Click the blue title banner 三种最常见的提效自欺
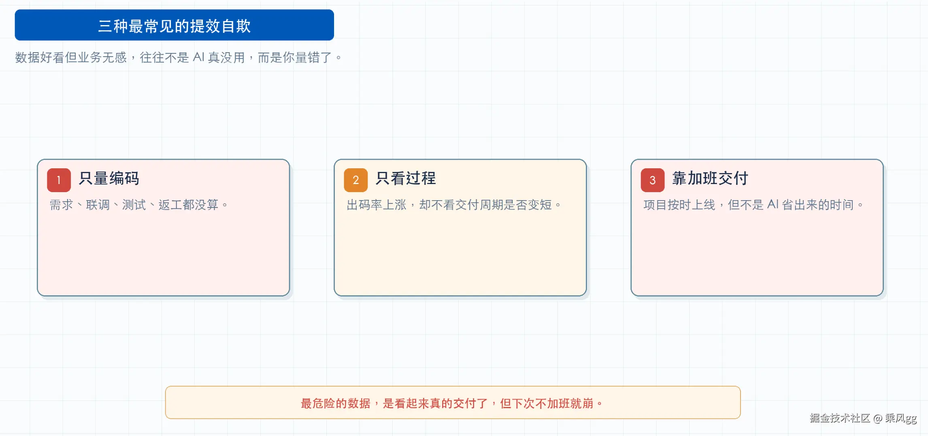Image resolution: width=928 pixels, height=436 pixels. point(174,25)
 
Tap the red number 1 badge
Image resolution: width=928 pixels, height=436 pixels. point(59,180)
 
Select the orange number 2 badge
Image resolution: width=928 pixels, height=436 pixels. point(355,180)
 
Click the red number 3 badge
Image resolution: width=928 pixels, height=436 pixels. point(652,180)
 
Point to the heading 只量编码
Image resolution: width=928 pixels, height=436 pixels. point(109,178)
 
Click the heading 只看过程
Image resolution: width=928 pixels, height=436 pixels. point(406,178)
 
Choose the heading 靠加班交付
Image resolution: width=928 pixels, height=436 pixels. point(710,178)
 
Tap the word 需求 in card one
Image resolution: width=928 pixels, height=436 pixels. point(61,205)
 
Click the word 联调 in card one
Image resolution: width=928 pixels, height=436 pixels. point(98,205)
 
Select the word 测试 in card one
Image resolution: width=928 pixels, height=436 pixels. point(134,205)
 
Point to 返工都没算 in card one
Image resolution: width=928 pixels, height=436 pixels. point(188,205)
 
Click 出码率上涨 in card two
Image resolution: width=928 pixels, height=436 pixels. point(377,205)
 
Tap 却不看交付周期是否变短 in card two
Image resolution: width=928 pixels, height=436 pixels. point(485,205)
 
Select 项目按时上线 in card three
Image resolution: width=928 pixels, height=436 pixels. point(679,205)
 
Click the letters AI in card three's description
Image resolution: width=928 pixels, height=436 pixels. point(773,204)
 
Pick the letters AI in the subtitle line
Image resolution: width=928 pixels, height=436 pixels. point(198,57)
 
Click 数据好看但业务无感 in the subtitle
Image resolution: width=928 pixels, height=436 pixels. point(71,57)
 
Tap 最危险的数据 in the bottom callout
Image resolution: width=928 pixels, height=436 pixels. point(336,403)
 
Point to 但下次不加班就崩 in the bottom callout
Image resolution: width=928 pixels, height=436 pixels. point(547,403)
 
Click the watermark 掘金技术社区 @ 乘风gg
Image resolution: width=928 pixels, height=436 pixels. point(863,418)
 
